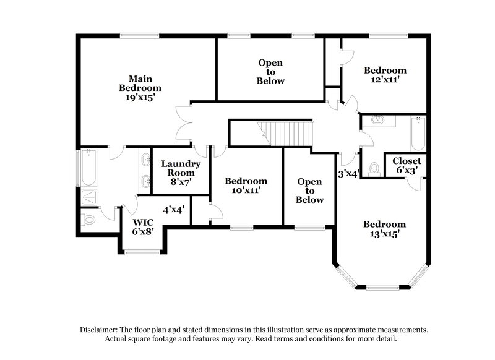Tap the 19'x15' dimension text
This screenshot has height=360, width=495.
click(137, 97)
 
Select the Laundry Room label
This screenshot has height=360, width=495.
click(181, 169)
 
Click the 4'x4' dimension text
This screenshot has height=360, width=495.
click(174, 210)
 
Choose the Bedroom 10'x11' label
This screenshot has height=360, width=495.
click(246, 186)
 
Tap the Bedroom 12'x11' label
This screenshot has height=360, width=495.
click(385, 75)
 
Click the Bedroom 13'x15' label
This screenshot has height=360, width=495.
click(384, 229)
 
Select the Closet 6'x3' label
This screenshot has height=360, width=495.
click(407, 165)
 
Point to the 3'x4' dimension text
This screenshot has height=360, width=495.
click(348, 174)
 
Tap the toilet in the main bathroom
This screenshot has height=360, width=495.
click(88, 219)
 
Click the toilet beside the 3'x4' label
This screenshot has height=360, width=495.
click(374, 168)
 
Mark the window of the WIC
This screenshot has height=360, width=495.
click(142, 252)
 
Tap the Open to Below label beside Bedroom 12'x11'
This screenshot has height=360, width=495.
click(270, 72)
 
